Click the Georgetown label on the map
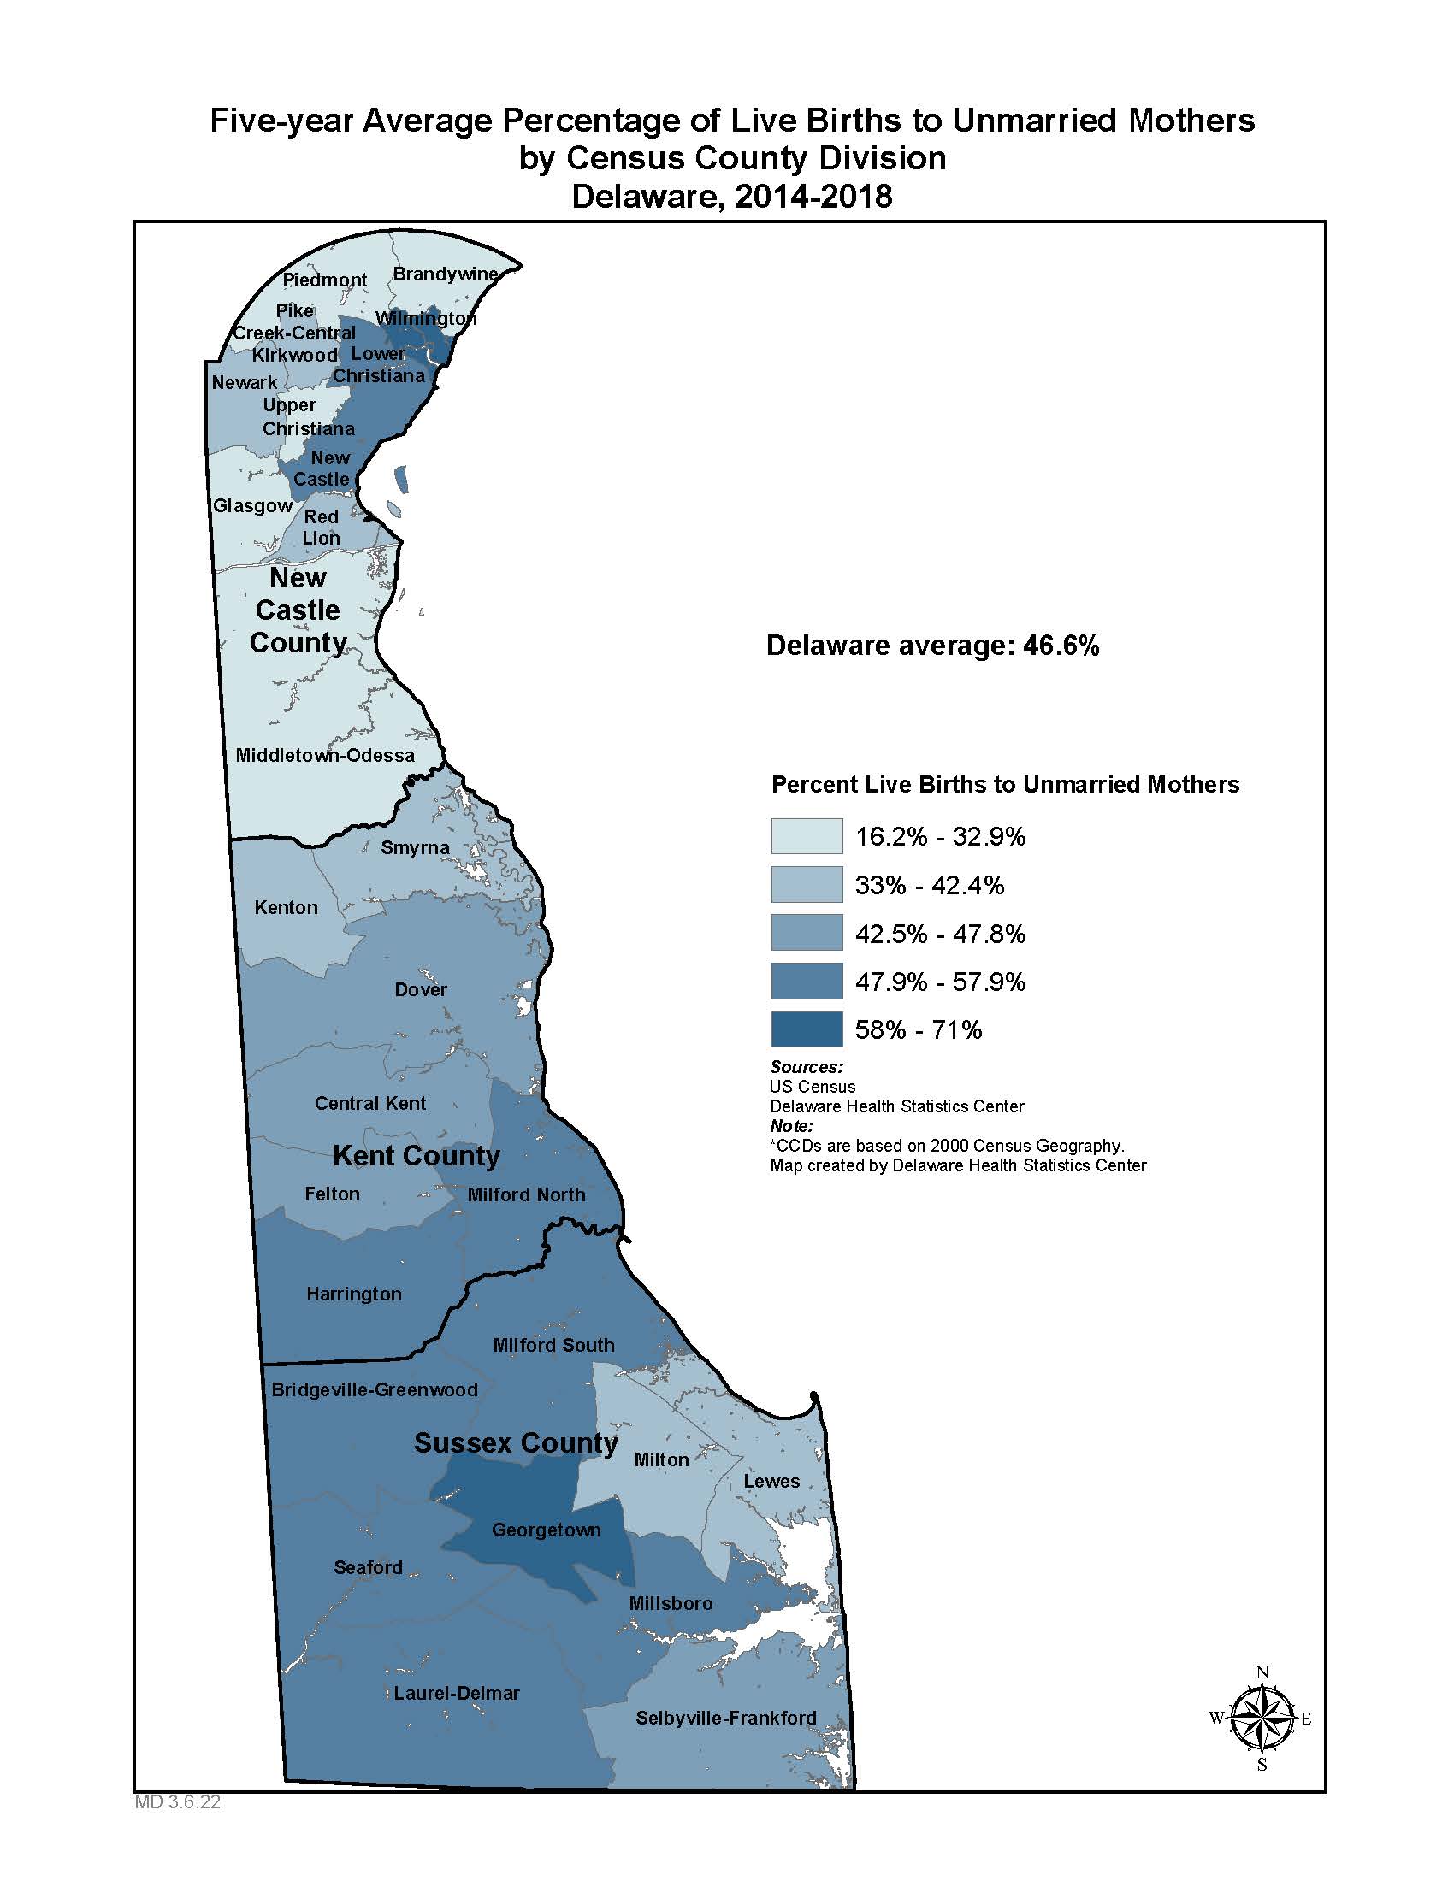547,1530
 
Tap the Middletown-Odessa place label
325,755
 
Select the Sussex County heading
515,1443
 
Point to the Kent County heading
416,1156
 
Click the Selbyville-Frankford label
725,1719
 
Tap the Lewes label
771,1482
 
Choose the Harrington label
354,1294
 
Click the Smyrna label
415,848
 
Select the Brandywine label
446,274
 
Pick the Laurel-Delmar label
457,1693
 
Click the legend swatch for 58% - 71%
807,1029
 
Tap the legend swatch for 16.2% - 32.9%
807,836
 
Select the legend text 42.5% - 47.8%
940,934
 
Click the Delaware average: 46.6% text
932,646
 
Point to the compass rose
1261,1719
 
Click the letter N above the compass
1262,1672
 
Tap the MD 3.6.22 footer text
177,1801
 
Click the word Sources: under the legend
807,1067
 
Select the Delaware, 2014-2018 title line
731,197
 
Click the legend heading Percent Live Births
1004,785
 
